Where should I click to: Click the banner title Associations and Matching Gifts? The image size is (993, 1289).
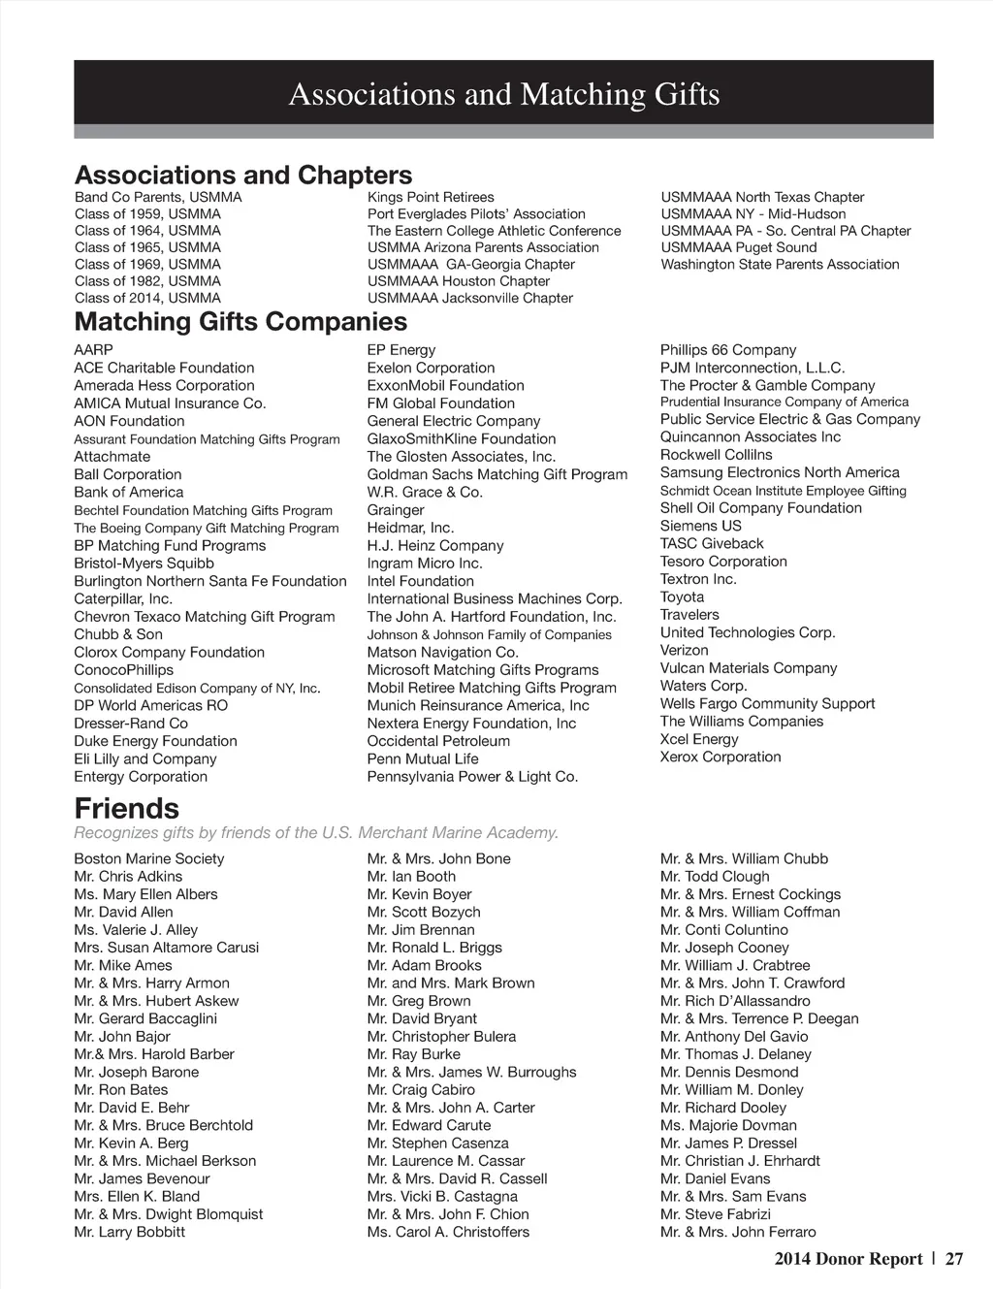point(504,95)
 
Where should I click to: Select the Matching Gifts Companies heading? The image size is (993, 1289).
point(240,322)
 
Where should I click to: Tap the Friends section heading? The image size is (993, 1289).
point(127,809)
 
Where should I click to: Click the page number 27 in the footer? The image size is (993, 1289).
point(954,1259)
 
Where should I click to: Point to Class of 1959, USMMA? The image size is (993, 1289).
point(147,214)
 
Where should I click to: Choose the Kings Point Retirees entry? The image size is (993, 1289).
point(431,198)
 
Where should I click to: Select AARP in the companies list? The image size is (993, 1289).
point(93,350)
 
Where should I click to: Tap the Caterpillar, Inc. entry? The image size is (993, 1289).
point(123,599)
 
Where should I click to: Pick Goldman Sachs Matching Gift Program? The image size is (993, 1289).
point(496,475)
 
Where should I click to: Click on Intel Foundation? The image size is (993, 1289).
point(420,582)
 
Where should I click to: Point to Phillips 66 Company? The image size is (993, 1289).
point(728,350)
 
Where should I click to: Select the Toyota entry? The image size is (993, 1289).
point(683,597)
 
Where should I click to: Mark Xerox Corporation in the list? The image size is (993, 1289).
point(721,757)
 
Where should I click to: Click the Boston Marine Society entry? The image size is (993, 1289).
point(148,859)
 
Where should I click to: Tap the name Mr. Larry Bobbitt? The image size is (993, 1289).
point(129,1233)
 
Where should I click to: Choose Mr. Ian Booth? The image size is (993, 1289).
point(411,877)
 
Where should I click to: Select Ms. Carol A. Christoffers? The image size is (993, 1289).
point(448,1233)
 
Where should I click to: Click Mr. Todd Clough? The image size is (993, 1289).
point(715,877)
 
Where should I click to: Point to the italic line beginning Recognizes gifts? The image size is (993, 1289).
point(316,833)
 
